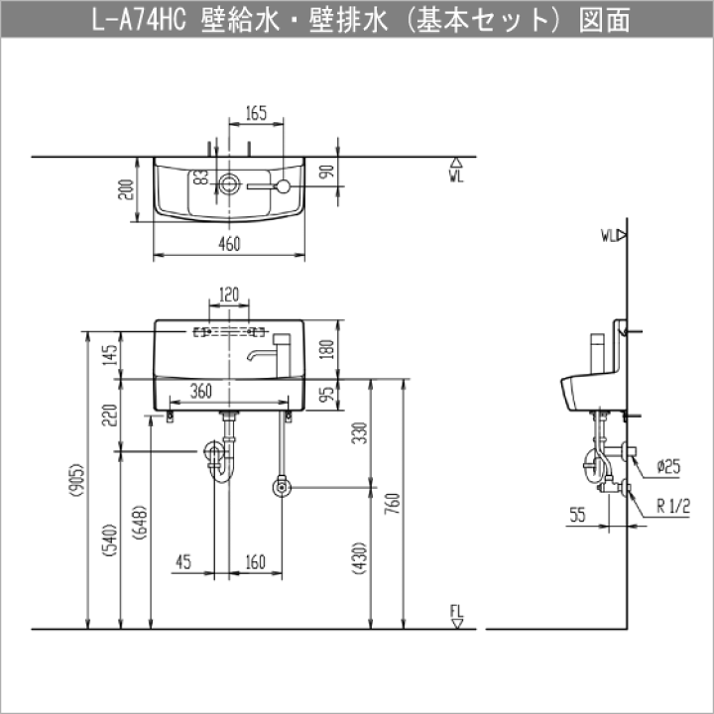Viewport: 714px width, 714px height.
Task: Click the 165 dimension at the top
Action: pyautogui.click(x=256, y=113)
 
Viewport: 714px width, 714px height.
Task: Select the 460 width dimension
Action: pyautogui.click(x=229, y=244)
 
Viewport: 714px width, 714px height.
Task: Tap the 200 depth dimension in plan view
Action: pyautogui.click(x=126, y=189)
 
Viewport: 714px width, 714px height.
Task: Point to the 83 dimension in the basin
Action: pyautogui.click(x=200, y=178)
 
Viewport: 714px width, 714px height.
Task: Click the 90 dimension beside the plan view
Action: pyautogui.click(x=327, y=172)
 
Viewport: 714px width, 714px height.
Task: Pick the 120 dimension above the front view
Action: pyautogui.click(x=229, y=296)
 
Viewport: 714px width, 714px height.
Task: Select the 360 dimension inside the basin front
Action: pyautogui.click(x=200, y=391)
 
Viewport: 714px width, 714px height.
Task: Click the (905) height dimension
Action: pyautogui.click(x=77, y=480)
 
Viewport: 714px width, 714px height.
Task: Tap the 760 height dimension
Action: pyautogui.click(x=392, y=503)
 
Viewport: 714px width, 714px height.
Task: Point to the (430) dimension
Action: pyautogui.click(x=360, y=558)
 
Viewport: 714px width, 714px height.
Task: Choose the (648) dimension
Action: pyautogui.click(x=140, y=523)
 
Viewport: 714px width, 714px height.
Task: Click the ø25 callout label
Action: pyautogui.click(x=669, y=466)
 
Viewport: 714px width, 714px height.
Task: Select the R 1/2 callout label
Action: pyautogui.click(x=673, y=506)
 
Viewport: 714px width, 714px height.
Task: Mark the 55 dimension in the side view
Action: pyautogui.click(x=577, y=515)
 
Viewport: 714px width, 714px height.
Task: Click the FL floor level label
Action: pyautogui.click(x=457, y=611)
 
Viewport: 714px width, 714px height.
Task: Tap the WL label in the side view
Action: pyautogui.click(x=609, y=236)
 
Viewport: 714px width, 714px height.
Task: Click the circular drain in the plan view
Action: pyautogui.click(x=229, y=183)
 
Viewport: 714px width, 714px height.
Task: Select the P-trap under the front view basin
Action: pyautogui.click(x=222, y=460)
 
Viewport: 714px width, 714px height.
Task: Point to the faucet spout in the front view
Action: pyautogui.click(x=262, y=355)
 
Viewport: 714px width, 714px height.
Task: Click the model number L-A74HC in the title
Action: pyautogui.click(x=139, y=20)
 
